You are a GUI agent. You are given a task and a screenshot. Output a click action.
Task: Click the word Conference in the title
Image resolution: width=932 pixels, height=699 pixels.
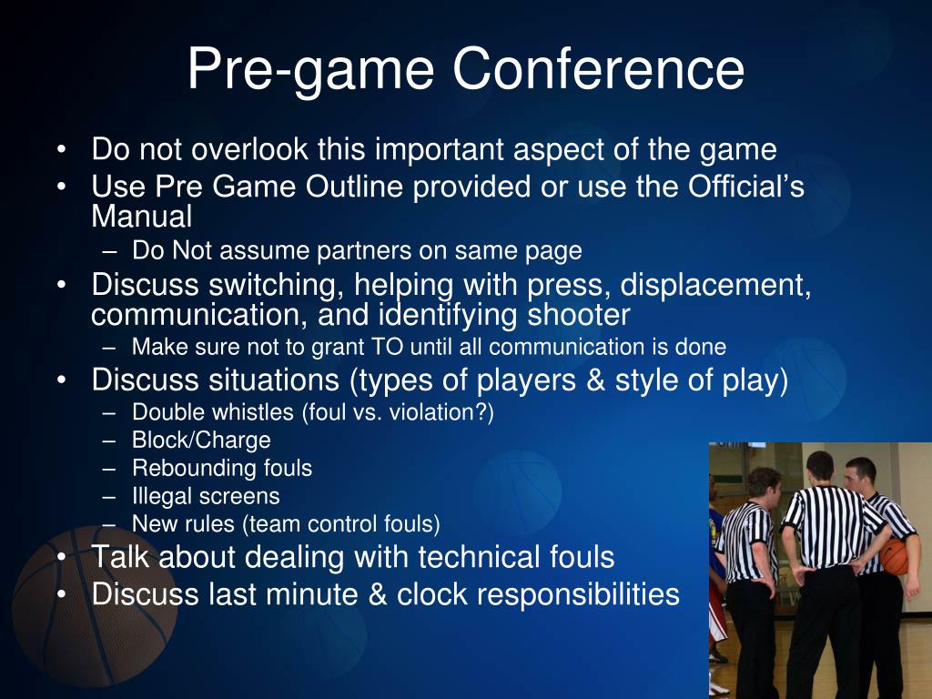(598, 68)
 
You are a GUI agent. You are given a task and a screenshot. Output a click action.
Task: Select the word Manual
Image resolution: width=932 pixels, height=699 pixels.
(141, 218)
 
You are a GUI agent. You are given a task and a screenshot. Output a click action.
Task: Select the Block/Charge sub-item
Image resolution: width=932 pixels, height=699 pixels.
(201, 441)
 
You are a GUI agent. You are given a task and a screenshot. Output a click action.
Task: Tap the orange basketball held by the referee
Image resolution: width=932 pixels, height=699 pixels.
(897, 556)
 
